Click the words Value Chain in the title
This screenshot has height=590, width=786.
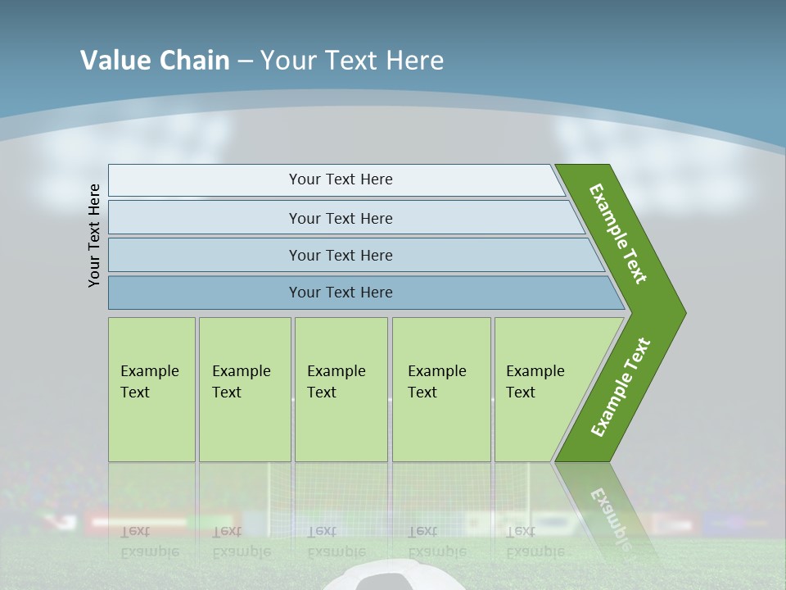(155, 61)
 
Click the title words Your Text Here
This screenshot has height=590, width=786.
(352, 61)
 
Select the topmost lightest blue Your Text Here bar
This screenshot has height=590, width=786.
(340, 179)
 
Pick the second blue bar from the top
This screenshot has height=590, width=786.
(340, 218)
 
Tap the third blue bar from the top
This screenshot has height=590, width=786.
(340, 255)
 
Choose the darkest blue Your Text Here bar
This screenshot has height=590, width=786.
(340, 293)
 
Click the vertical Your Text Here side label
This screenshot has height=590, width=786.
(94, 235)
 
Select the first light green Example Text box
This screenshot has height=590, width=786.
(151, 389)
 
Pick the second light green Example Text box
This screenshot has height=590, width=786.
(244, 389)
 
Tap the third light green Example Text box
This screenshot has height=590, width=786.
(341, 389)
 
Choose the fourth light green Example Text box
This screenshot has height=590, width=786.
(440, 389)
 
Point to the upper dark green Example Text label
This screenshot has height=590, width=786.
(618, 234)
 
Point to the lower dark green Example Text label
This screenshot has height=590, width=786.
(620, 388)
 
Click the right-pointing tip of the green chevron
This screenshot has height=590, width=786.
(681, 312)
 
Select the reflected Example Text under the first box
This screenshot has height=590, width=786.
(149, 541)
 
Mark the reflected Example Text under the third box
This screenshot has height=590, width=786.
(336, 541)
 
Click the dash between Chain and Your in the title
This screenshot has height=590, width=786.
(245, 61)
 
